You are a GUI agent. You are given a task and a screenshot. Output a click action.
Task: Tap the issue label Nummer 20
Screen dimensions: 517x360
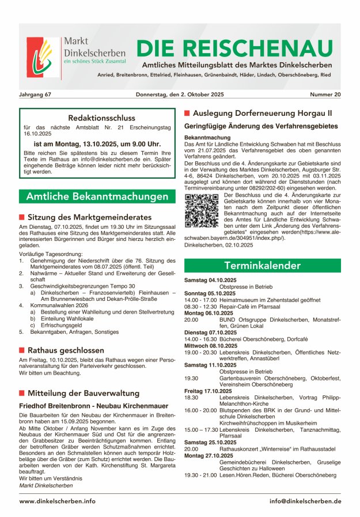point(325,94)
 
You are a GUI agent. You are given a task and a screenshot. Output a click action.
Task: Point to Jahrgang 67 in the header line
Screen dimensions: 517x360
point(35,94)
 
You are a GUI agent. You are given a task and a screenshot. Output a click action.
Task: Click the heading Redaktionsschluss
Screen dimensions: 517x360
point(96,118)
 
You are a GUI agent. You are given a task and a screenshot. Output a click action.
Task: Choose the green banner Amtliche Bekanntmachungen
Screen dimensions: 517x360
point(96,197)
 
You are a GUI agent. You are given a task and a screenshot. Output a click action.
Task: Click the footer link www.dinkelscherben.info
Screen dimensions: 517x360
point(57,501)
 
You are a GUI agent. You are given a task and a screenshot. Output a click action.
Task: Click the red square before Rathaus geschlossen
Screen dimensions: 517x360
point(22,350)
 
